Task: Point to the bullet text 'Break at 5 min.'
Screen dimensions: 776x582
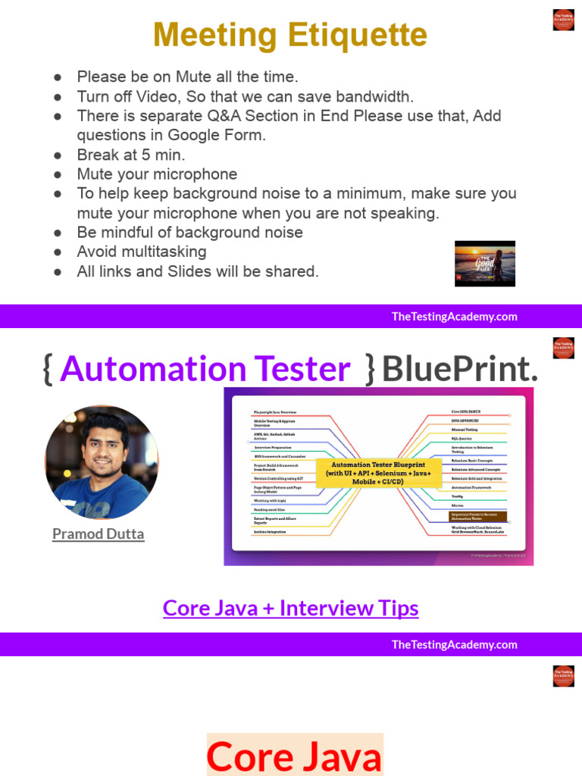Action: coord(131,155)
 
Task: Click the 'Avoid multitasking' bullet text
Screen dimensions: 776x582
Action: coord(141,252)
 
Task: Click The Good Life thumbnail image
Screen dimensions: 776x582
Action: coord(484,264)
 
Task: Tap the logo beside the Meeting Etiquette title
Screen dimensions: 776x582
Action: coord(563,20)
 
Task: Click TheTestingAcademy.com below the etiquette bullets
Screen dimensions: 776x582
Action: coord(454,317)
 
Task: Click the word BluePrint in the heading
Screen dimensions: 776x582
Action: coord(460,369)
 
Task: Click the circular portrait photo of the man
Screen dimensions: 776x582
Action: coord(102,462)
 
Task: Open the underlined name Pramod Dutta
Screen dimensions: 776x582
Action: coord(98,534)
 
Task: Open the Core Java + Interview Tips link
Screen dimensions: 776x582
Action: coord(290,608)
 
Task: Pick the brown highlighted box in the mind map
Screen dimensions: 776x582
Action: coord(477,516)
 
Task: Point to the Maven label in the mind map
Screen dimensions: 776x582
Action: coord(458,505)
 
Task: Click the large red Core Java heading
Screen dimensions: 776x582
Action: coord(294,756)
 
